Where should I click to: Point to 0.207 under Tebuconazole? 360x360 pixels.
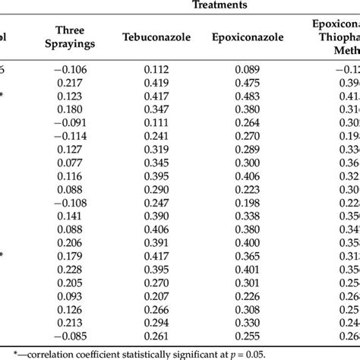point(157,296)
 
